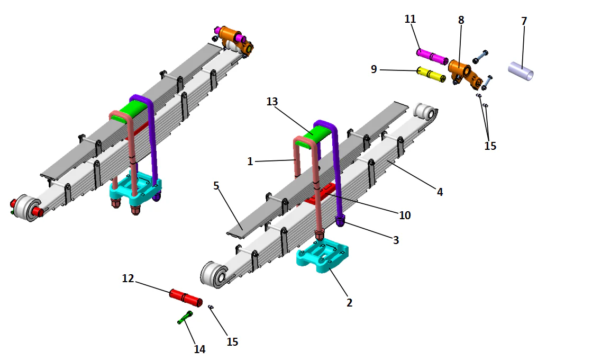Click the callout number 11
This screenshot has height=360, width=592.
click(x=410, y=19)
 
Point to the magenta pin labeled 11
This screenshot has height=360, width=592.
click(x=432, y=55)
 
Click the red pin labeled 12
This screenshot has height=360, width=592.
click(x=185, y=297)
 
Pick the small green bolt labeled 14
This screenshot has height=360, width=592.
click(x=185, y=317)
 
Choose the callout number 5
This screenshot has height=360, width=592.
click(x=216, y=186)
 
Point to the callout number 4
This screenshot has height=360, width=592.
click(x=440, y=192)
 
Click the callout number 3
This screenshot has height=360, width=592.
click(x=396, y=240)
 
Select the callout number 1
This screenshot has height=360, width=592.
click(x=250, y=161)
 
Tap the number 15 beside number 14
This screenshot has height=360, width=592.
click(x=232, y=342)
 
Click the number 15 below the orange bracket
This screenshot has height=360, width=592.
click(x=490, y=146)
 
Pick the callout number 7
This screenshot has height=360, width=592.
click(x=524, y=21)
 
